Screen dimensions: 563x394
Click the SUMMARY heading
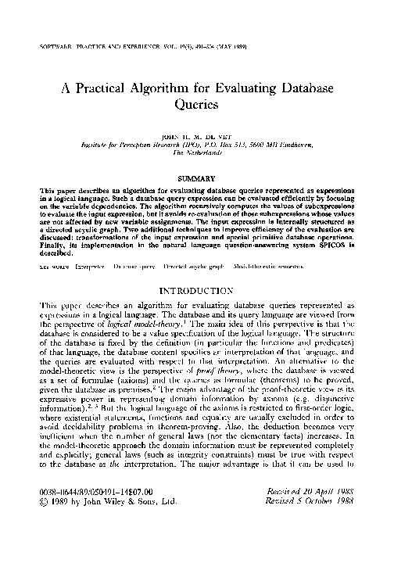coord(197,178)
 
